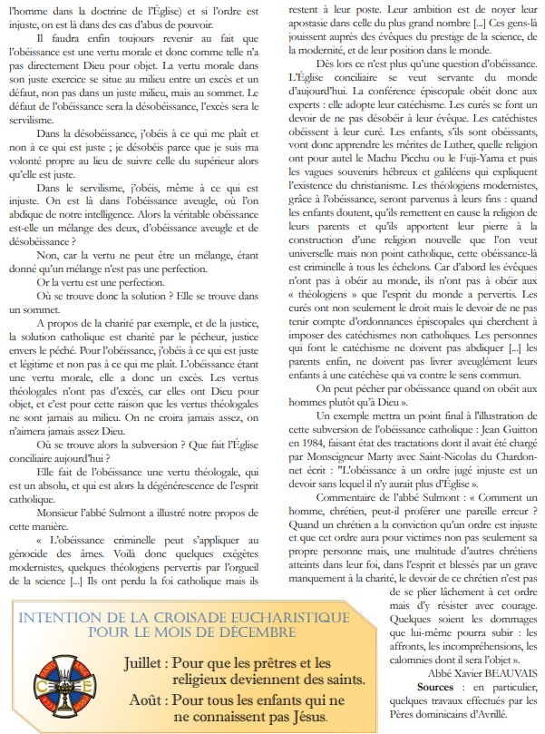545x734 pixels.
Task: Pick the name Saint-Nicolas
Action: pos(435,455)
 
